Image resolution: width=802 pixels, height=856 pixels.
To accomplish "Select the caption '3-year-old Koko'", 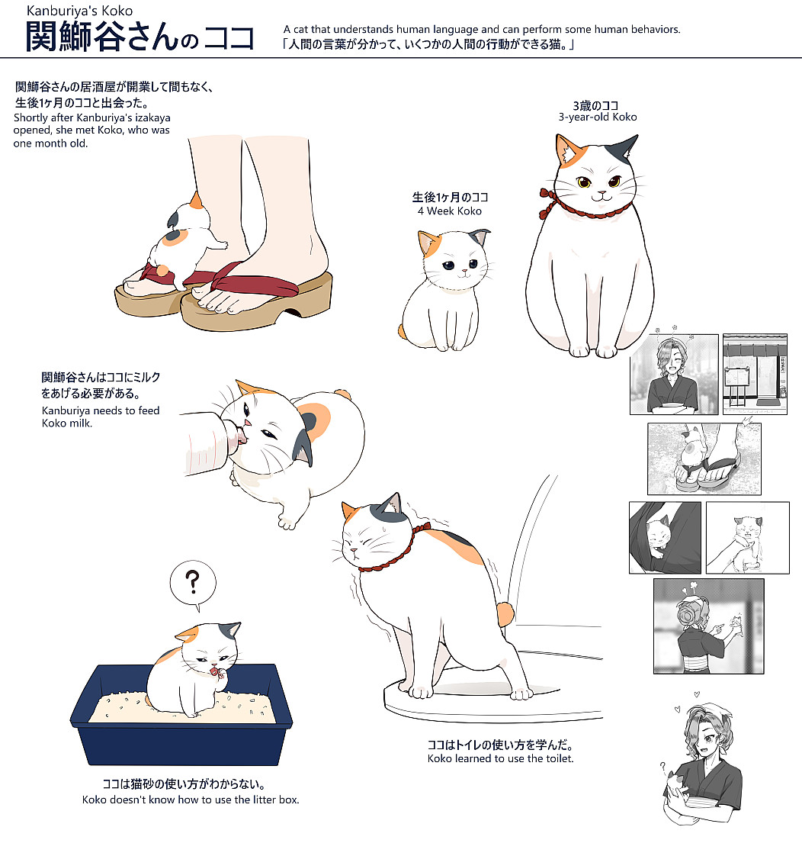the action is point(598,117).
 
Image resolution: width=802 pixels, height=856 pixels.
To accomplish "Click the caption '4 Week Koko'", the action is point(450,211).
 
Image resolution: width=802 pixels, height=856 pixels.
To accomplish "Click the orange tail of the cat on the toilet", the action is point(505,614).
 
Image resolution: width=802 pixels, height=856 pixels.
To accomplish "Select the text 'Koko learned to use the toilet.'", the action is point(500,758).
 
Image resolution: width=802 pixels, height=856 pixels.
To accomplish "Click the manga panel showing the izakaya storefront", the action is point(755,375).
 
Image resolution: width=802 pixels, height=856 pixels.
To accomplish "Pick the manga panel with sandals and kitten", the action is point(704,459).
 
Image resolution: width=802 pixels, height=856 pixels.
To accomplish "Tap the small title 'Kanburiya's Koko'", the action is point(79,11).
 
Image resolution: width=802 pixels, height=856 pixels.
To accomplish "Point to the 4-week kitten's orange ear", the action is point(428,243).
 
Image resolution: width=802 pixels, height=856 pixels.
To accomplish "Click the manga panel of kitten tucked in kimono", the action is point(665,538).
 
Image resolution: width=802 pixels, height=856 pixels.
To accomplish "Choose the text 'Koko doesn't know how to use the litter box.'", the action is point(191,800).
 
